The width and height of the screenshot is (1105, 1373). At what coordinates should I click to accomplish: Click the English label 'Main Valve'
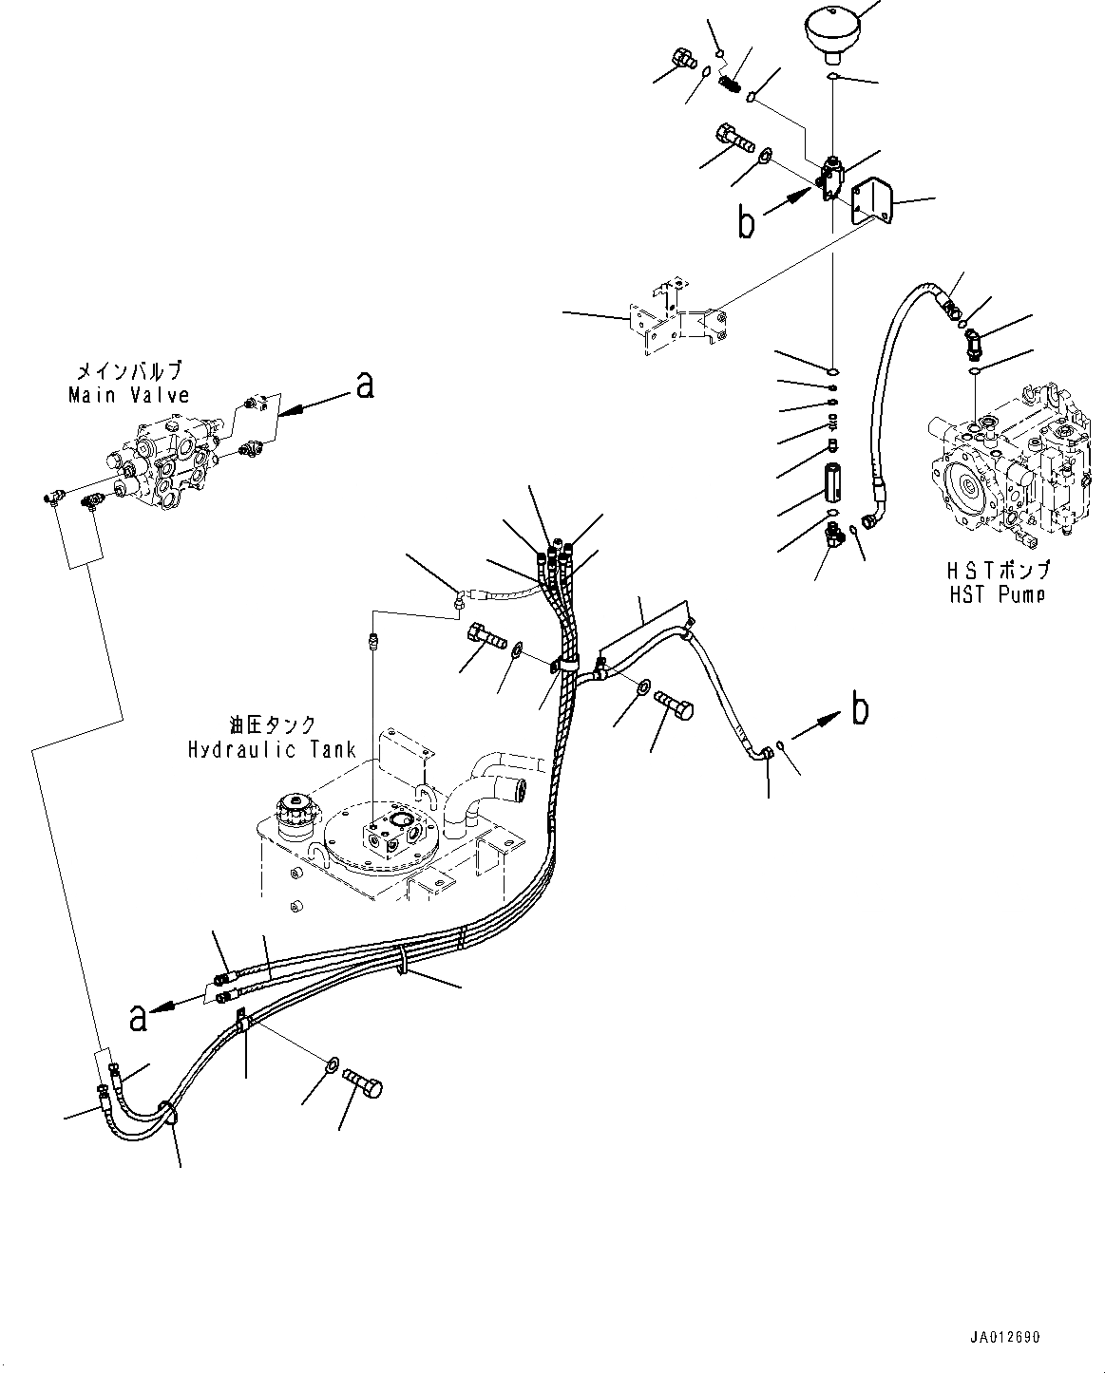click(128, 395)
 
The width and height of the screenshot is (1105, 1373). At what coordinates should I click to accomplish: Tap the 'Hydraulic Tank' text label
click(272, 749)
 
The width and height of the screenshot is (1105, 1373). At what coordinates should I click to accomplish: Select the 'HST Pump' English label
click(998, 594)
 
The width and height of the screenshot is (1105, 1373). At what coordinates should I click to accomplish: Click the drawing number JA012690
click(1005, 1338)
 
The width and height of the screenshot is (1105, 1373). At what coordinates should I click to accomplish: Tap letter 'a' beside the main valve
click(363, 385)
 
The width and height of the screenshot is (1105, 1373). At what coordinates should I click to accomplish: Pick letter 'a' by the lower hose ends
click(139, 1018)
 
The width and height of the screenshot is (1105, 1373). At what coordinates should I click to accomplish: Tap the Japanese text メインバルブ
click(128, 371)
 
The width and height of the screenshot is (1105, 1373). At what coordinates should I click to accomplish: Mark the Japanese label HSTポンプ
click(998, 572)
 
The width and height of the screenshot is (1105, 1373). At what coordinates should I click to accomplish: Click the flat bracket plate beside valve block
click(871, 203)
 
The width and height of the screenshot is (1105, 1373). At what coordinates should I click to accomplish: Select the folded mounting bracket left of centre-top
click(678, 321)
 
